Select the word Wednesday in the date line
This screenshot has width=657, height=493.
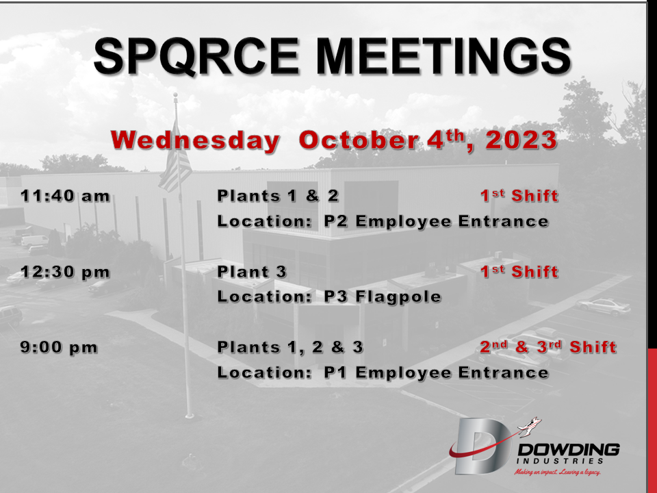(195, 140)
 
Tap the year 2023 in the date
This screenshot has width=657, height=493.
(521, 140)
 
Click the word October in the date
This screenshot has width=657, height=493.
(358, 140)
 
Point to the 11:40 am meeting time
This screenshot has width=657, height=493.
(66, 196)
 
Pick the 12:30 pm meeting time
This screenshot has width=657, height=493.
(66, 272)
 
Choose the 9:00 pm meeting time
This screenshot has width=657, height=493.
(59, 348)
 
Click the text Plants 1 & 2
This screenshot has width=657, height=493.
(278, 196)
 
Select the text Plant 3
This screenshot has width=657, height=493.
(252, 272)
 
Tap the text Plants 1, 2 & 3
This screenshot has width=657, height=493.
(290, 347)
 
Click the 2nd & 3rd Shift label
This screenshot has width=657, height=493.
(548, 347)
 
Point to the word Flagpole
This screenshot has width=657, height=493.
(398, 297)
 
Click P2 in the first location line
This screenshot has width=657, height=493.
(336, 221)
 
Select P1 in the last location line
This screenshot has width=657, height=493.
(335, 372)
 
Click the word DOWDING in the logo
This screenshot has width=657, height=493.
(569, 450)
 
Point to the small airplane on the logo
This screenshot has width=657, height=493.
(530, 426)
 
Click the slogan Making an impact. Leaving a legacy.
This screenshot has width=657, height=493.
(557, 472)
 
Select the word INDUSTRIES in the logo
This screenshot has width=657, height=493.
(561, 461)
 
